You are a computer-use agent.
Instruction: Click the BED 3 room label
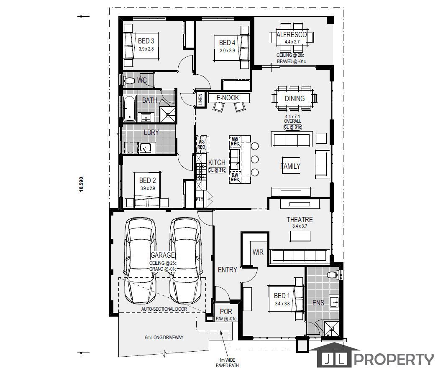tap(146, 41)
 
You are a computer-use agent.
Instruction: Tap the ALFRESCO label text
tap(292, 35)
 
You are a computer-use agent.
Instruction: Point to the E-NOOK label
tap(228, 98)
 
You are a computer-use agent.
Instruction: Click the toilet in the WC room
tap(129, 80)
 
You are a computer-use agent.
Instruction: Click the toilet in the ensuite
tap(333, 275)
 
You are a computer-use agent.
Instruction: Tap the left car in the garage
tap(141, 261)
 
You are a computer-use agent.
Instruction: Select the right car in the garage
tap(184, 261)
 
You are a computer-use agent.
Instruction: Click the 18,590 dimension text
tap(81, 184)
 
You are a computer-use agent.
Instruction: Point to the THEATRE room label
tap(299, 220)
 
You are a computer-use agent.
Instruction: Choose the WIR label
tap(257, 252)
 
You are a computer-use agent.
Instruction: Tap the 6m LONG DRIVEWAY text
tap(164, 337)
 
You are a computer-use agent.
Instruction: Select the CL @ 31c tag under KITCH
tap(217, 170)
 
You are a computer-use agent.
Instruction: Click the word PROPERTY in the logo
tap(394, 359)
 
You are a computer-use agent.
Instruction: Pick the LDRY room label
tap(151, 132)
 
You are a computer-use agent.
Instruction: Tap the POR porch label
tap(226, 312)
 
